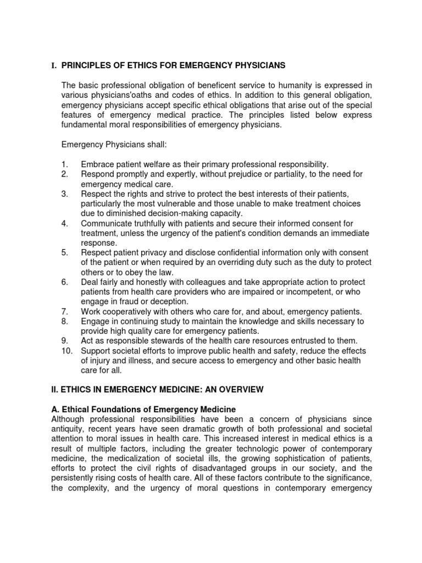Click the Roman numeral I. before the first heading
[54, 66]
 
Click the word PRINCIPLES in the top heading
[90, 66]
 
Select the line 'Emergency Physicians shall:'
[113, 144]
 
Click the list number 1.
[65, 164]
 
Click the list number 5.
[65, 253]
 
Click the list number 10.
[66, 351]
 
